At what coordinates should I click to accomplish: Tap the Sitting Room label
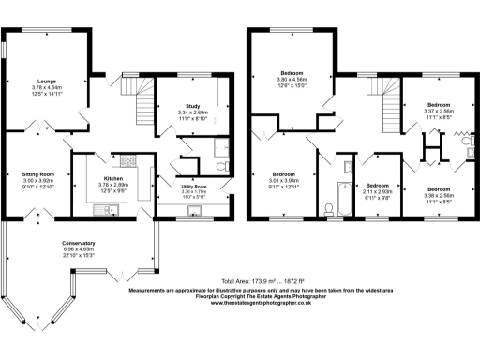39,174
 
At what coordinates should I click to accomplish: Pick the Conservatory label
79,243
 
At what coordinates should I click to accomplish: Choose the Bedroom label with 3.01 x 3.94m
285,173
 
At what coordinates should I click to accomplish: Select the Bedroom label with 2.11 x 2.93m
378,186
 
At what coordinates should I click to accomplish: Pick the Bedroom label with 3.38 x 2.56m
439,163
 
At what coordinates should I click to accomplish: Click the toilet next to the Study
217,165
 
